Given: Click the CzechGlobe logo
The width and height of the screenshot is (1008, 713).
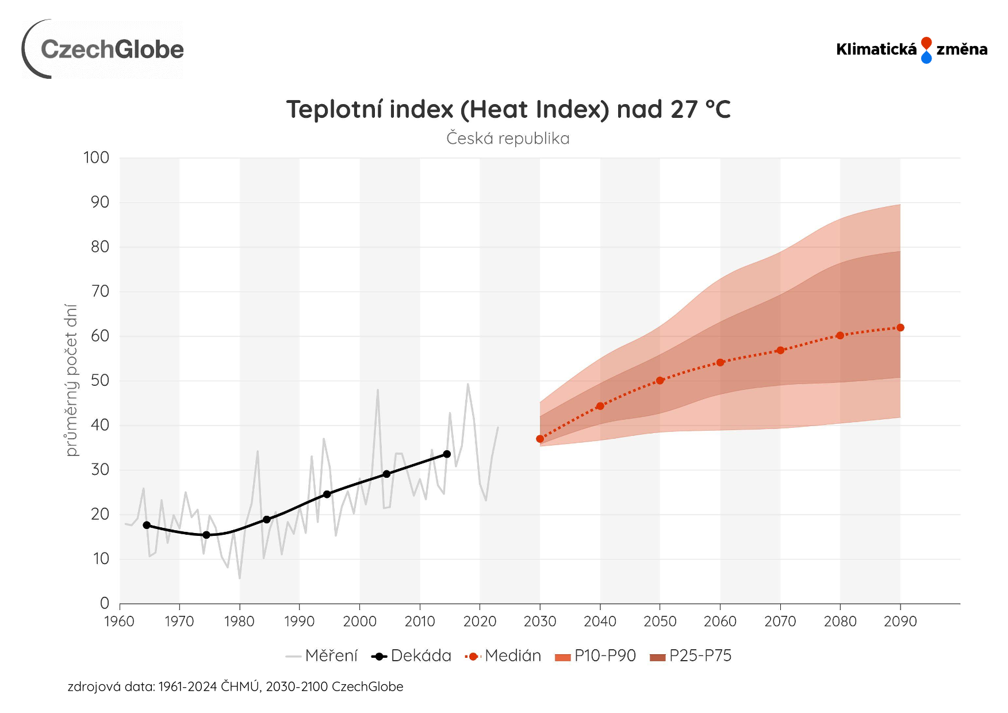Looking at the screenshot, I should (104, 49).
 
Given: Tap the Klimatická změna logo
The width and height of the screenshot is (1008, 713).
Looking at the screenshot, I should (911, 50).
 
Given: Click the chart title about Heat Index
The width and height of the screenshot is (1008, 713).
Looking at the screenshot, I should (508, 109).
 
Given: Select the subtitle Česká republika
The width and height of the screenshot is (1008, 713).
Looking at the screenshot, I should (508, 139).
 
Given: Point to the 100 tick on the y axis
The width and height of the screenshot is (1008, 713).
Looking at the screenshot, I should (96, 158).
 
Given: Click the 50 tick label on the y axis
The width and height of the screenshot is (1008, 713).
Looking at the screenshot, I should (100, 380).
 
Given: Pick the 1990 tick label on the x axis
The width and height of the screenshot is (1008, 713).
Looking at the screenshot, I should (299, 622).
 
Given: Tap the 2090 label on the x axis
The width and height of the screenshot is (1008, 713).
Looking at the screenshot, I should (900, 622).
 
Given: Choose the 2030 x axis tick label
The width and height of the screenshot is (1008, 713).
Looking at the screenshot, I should (540, 622).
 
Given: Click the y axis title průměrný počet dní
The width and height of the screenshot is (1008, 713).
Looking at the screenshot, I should (71, 380).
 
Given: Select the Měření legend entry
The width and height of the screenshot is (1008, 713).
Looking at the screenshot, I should (322, 656).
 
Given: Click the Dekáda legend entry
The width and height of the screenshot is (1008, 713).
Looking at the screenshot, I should (412, 656).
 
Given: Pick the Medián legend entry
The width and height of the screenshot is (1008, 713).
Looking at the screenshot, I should (504, 656).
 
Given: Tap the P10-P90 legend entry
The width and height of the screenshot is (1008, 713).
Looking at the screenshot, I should (596, 656).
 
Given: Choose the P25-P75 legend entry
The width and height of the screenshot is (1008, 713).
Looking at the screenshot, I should (691, 656).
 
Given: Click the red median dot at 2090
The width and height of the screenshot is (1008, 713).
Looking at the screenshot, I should (900, 328).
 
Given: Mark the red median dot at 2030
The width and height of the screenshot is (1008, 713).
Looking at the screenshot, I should (540, 439).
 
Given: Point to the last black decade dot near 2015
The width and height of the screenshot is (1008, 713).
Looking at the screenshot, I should (447, 454).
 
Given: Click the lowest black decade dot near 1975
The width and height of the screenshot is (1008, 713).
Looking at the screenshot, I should (206, 535).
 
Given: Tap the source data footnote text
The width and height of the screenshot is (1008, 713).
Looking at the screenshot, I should (235, 687).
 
